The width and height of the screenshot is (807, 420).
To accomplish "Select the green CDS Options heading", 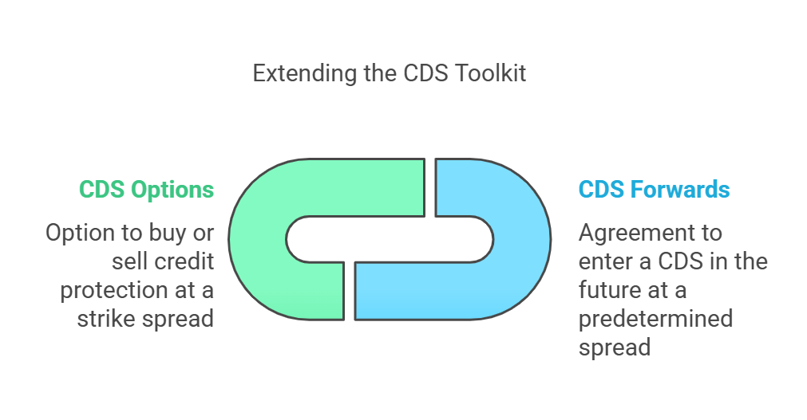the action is (146, 190).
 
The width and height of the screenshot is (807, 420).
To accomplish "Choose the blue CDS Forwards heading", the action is (655, 189).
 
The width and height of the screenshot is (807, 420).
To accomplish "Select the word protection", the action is (113, 291).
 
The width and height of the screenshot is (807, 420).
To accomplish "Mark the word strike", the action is (106, 319).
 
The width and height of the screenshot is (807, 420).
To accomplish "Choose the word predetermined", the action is (655, 320).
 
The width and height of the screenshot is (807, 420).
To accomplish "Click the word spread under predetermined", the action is (615, 348).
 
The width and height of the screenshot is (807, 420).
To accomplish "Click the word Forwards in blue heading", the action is (680, 189).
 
